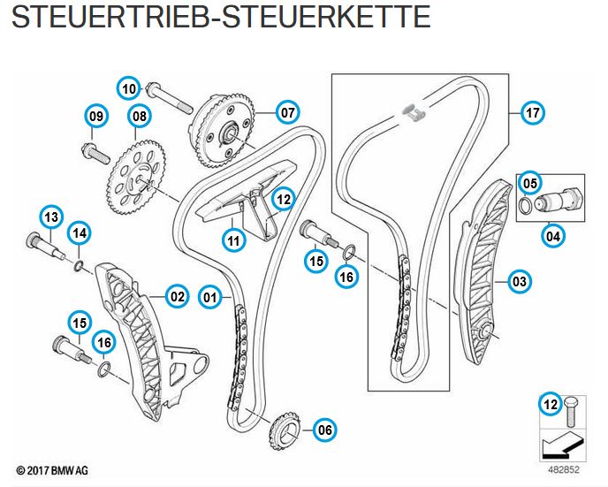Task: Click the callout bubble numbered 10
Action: pos(130,88)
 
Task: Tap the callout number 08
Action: pos(138,116)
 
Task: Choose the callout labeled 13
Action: pos(51,217)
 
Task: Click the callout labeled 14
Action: pos(80,232)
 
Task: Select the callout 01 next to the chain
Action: pos(209,296)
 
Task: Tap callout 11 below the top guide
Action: pos(233,239)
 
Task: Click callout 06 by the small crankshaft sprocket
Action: pos(324,430)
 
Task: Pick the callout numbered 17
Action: pos(532,113)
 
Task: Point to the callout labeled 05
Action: pos(529,183)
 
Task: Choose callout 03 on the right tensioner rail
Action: pos(521,282)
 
